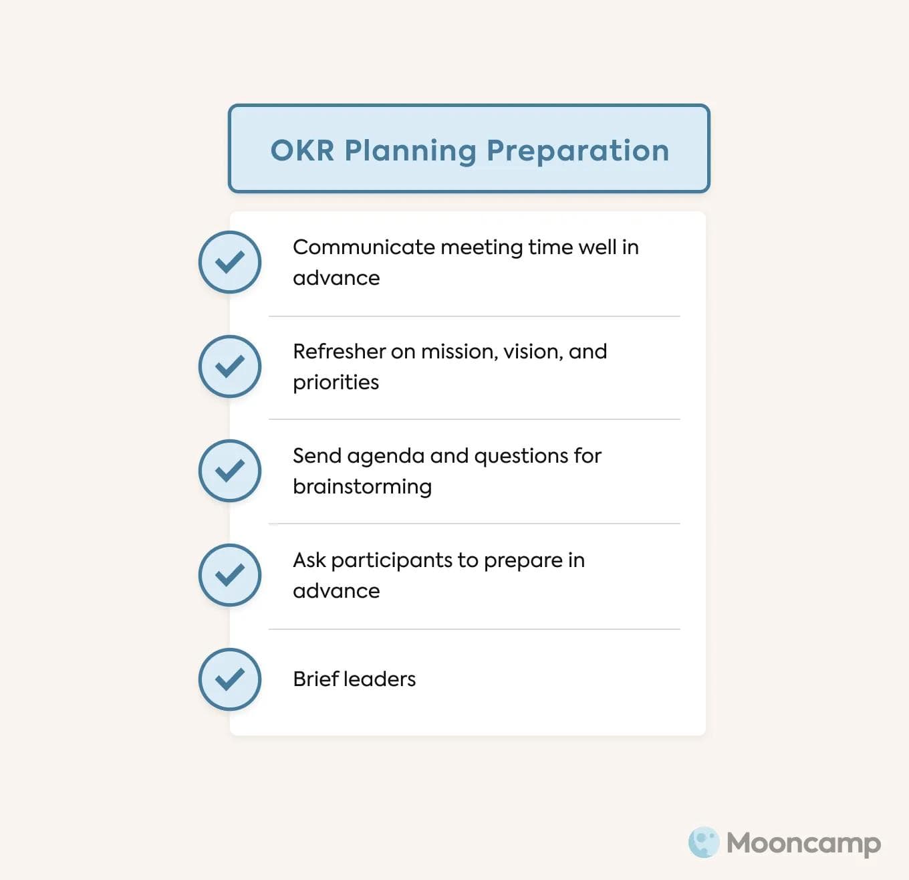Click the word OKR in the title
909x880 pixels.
(302, 150)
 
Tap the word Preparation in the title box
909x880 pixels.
(577, 150)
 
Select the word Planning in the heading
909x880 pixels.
(410, 151)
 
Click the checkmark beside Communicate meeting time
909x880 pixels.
(230, 262)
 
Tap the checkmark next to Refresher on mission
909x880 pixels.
(230, 366)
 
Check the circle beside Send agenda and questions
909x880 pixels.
(230, 471)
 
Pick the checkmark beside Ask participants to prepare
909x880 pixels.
(230, 575)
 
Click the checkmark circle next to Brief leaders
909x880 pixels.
(230, 679)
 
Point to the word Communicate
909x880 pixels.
(364, 247)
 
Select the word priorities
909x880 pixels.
(336, 382)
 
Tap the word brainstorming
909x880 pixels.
(362, 487)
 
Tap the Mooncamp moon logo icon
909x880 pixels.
(703, 843)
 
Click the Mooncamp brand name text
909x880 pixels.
(803, 843)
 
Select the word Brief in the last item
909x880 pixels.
(315, 679)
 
